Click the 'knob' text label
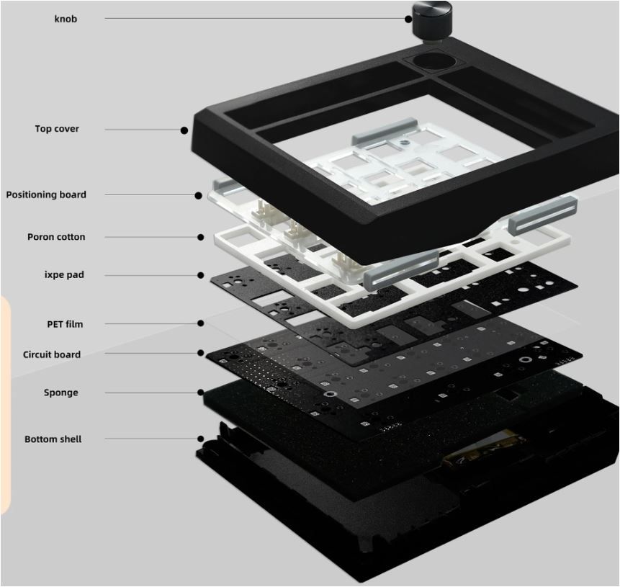[66, 19]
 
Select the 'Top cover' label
[57, 129]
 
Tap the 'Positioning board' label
[46, 194]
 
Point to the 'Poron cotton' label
[56, 237]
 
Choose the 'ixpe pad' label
[64, 274]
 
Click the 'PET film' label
[65, 324]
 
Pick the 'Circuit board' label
[52, 354]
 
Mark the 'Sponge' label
[61, 393]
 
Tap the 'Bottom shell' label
[53, 439]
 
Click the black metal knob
[432, 19]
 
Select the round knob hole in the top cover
[433, 61]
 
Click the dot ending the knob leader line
[408, 19]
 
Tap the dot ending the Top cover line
[184, 130]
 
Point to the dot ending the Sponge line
[201, 393]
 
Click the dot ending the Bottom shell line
[201, 439]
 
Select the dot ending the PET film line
[201, 323]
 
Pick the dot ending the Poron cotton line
[201, 238]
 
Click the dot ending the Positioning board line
[199, 195]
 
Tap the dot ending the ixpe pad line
[201, 275]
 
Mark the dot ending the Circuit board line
[201, 353]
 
